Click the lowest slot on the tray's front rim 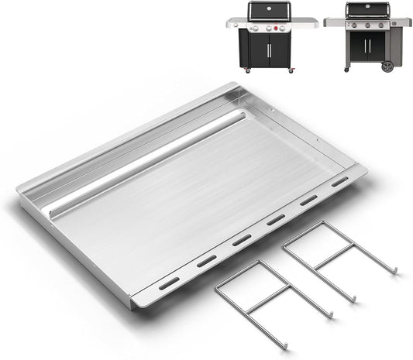[x=169, y=283]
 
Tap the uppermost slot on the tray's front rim [x=339, y=183]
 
